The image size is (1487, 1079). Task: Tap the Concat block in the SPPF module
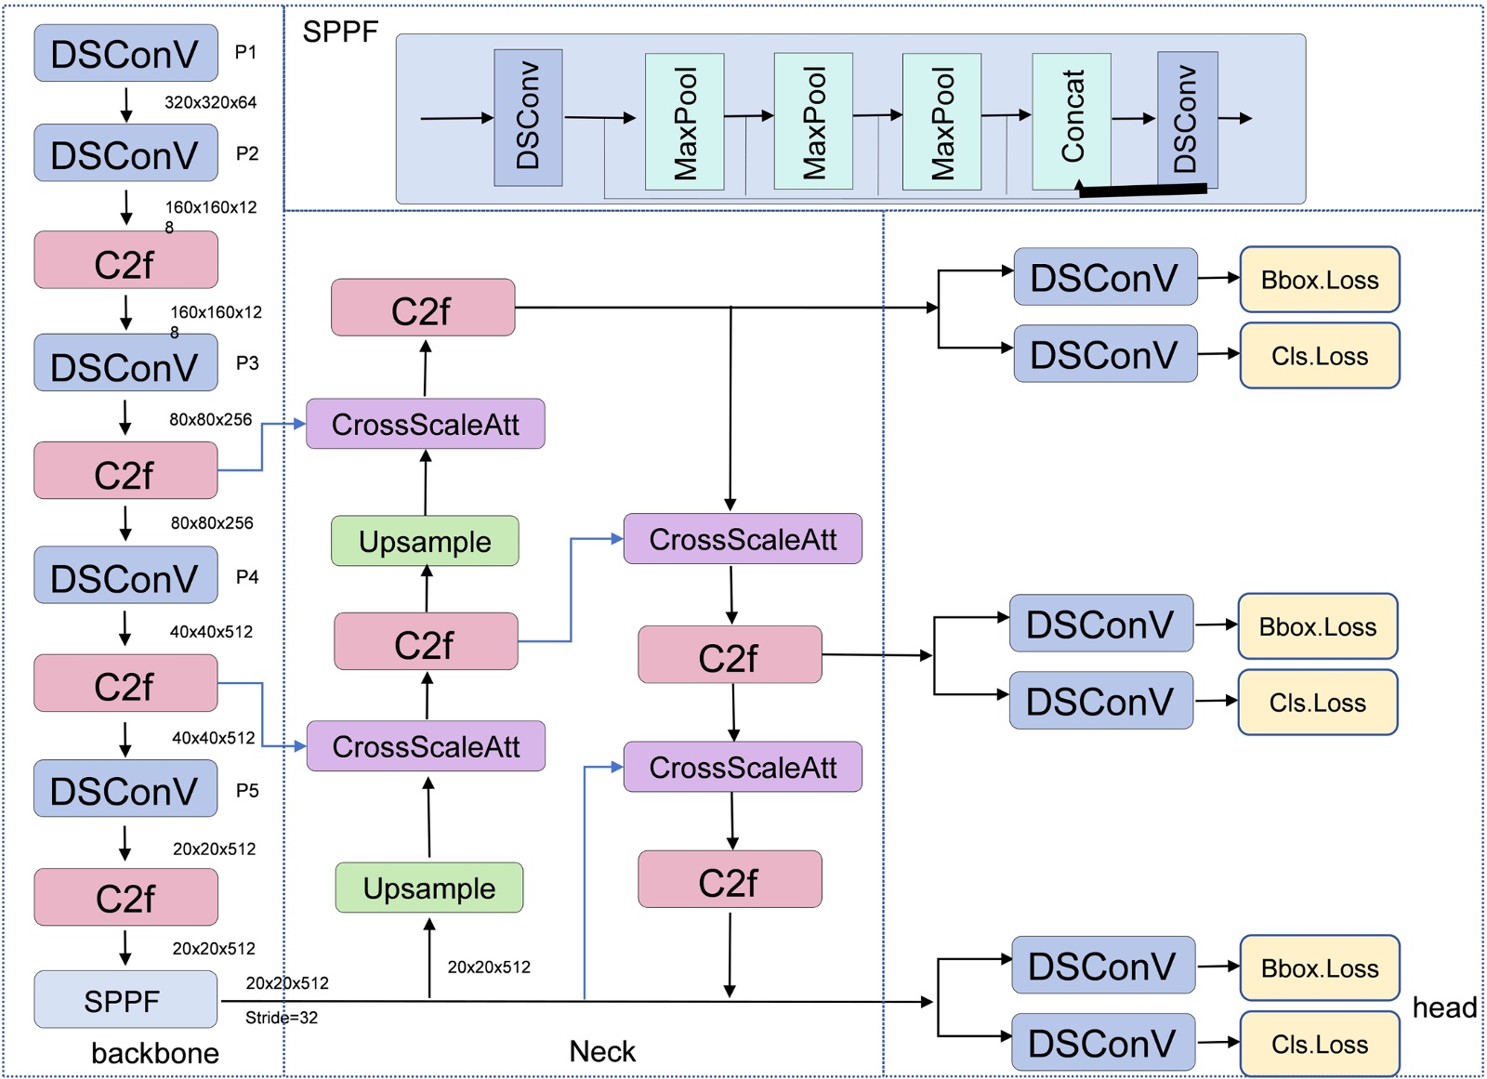(1072, 120)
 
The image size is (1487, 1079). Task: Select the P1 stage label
(245, 53)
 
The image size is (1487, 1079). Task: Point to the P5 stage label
(247, 791)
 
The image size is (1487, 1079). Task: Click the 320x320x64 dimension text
(210, 102)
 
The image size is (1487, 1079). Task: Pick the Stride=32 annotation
(282, 1018)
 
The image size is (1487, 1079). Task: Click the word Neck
(602, 1051)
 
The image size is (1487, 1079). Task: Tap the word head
(1444, 1007)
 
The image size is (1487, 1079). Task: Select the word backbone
(155, 1053)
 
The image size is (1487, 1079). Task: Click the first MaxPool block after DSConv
(684, 122)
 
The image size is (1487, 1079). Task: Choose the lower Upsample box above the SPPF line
(429, 888)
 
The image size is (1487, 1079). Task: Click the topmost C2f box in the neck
(423, 308)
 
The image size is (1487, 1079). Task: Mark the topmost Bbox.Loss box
(1320, 280)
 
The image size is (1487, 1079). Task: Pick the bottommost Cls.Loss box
(1320, 1045)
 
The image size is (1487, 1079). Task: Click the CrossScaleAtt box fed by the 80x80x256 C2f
(426, 424)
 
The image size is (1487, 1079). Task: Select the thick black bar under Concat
(1143, 190)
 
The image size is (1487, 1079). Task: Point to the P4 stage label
(247, 577)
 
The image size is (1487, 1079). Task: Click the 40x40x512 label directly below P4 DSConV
(211, 632)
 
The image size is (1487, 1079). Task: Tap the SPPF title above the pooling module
(340, 33)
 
